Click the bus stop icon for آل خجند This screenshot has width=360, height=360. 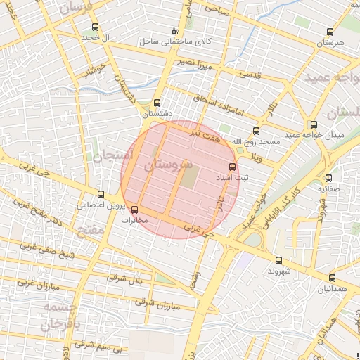[95, 27]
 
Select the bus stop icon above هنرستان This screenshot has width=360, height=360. [330, 32]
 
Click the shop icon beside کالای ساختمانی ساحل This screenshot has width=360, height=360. [175, 32]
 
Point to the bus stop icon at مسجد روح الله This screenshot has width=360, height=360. [255, 130]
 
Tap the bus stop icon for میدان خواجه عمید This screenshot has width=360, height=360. [313, 124]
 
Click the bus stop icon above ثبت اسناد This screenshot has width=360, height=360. [233, 167]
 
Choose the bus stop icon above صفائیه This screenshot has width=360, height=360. [328, 178]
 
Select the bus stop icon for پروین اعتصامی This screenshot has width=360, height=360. [101, 194]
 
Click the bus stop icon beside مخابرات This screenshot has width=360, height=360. [134, 210]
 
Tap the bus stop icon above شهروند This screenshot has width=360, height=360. [279, 260]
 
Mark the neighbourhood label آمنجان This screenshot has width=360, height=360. [108, 154]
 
